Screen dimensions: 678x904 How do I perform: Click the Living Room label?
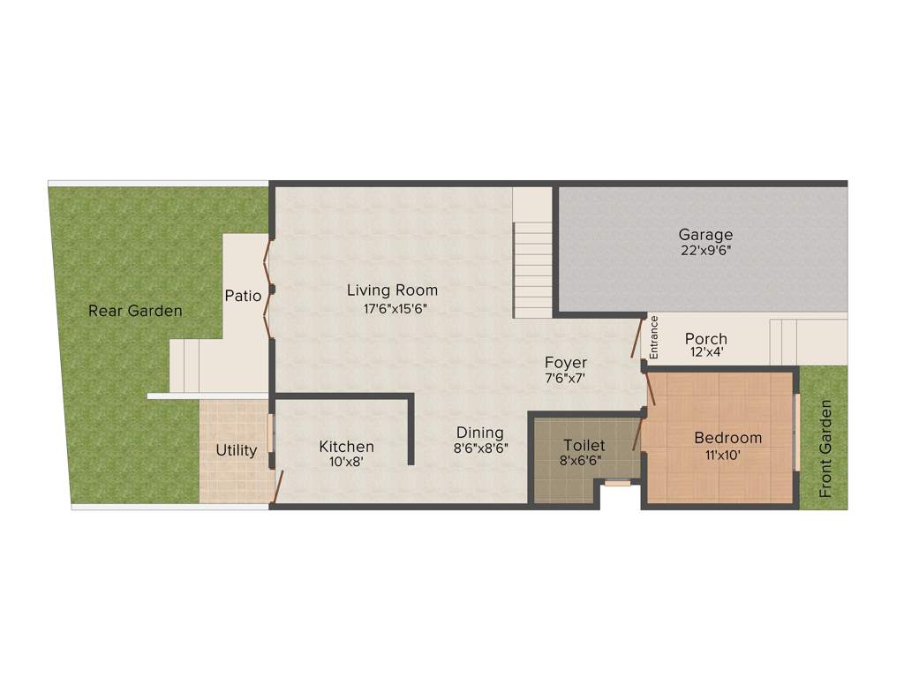(x=392, y=290)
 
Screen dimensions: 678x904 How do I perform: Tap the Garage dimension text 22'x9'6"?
(x=705, y=250)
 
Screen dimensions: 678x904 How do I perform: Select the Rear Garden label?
(x=135, y=311)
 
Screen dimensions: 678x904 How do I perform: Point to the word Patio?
(x=243, y=296)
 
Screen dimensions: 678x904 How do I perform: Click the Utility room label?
(x=237, y=450)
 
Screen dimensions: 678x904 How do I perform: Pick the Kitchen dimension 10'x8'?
(x=346, y=461)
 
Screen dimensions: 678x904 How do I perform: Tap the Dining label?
(x=480, y=433)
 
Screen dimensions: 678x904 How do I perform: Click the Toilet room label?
(x=584, y=445)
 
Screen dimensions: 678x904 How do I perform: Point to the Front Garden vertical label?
(x=826, y=448)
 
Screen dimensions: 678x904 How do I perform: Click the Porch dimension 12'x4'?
(x=706, y=352)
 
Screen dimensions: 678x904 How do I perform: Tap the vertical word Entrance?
(x=654, y=336)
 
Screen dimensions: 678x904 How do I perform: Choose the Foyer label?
(x=566, y=363)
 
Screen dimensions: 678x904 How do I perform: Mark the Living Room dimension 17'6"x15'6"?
(x=392, y=308)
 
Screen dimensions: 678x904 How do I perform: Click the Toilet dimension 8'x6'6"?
(x=581, y=460)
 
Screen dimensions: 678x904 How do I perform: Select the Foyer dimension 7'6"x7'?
(x=566, y=378)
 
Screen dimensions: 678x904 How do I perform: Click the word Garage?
(x=705, y=235)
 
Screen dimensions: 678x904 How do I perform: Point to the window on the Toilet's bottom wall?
(x=618, y=483)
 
